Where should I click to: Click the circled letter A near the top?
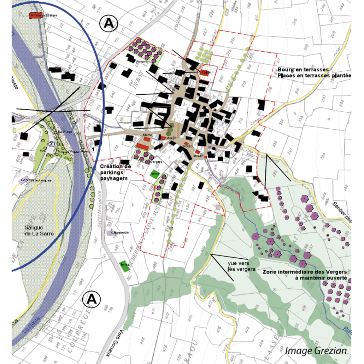click(108, 24)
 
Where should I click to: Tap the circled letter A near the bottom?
click(91, 299)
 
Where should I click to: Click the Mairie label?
click(147, 135)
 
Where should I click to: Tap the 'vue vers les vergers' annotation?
click(242, 266)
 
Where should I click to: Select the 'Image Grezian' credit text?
click(316, 351)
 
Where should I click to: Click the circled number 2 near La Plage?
click(51, 144)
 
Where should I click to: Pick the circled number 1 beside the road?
click(94, 149)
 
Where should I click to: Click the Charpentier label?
click(120, 233)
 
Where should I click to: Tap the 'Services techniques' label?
click(36, 180)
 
